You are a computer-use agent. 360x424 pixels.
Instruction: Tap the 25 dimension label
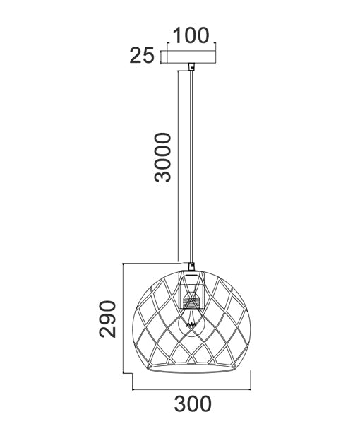(x=142, y=56)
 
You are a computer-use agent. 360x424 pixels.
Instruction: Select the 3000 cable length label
(x=163, y=157)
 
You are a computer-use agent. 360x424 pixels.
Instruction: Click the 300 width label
(x=191, y=404)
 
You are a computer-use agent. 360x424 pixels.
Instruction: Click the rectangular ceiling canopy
(x=191, y=57)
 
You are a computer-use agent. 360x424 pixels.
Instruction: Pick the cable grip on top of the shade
(x=191, y=267)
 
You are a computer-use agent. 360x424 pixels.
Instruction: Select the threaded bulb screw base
(x=190, y=302)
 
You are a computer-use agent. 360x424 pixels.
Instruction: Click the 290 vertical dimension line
(x=124, y=319)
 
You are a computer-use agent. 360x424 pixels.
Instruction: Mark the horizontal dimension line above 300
(x=191, y=389)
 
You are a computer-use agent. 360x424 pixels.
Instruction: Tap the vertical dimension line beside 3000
(x=174, y=163)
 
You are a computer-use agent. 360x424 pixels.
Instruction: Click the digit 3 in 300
(x=179, y=404)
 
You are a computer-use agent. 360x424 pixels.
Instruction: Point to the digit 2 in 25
(x=136, y=56)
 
